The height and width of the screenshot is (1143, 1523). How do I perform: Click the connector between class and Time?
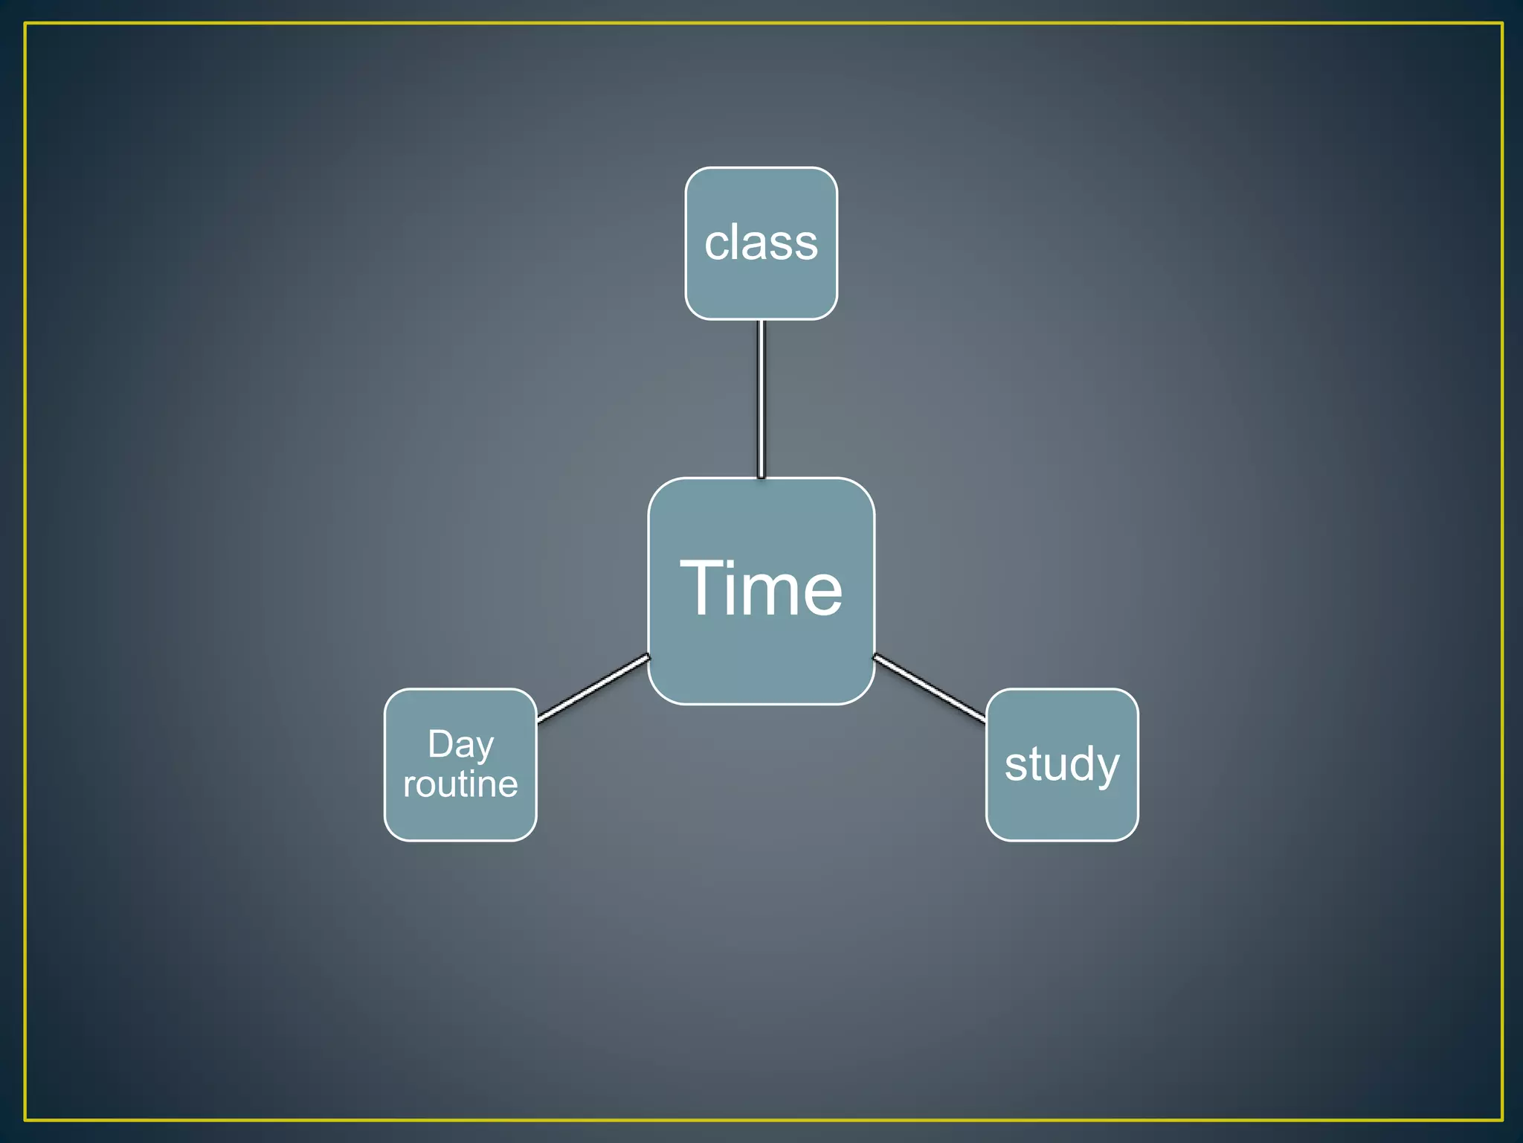pos(761,399)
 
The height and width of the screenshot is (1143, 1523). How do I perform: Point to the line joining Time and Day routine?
pos(593,688)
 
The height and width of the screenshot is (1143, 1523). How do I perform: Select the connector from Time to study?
pos(930,688)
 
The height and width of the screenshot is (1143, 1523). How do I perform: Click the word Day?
pos(460,744)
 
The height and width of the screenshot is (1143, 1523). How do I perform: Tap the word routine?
pos(460,784)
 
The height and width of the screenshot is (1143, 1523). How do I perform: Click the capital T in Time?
pos(703,588)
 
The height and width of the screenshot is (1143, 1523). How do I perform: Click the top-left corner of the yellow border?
pos(25,24)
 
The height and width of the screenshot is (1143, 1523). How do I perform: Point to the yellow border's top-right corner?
pos(1502,24)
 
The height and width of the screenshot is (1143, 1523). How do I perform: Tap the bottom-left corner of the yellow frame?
pos(25,1119)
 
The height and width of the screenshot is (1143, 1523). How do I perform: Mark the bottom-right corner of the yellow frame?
pos(1502,1119)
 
